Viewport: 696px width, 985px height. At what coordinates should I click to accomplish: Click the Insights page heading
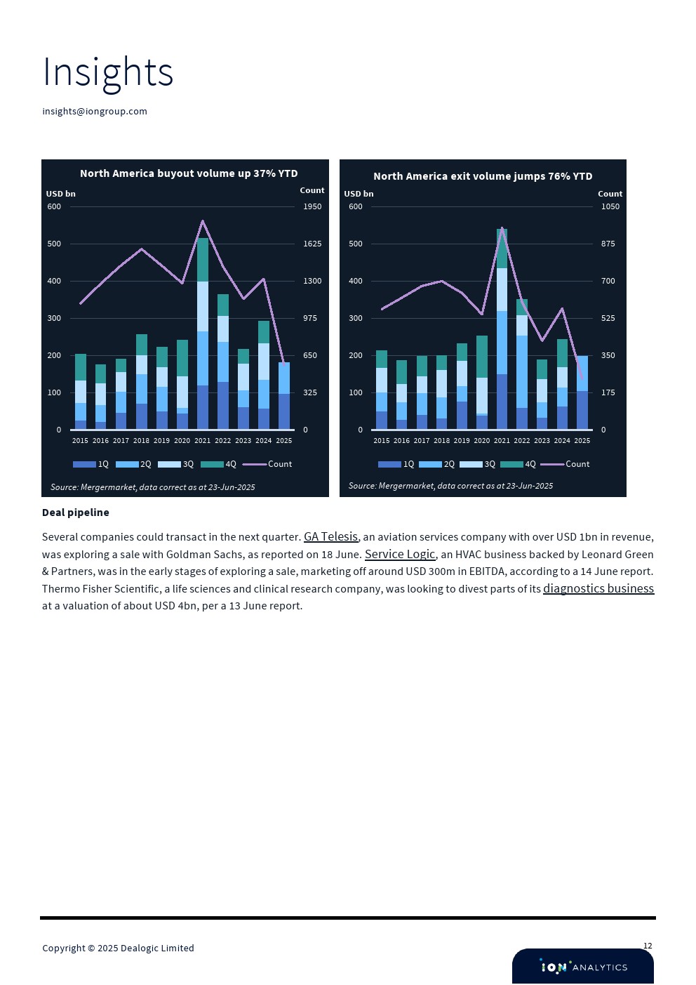coord(107,72)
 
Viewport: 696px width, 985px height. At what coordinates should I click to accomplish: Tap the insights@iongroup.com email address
coord(95,112)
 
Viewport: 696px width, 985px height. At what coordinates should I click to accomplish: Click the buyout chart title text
coord(189,173)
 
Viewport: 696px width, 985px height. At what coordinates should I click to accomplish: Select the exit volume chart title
coord(483,176)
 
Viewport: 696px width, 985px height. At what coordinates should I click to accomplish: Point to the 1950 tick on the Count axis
coord(312,206)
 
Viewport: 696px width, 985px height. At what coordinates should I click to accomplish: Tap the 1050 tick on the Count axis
coord(610,206)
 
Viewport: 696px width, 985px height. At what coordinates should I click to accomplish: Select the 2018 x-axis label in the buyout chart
coord(141,441)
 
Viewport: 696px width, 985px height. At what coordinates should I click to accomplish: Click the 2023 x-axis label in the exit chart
coord(542,441)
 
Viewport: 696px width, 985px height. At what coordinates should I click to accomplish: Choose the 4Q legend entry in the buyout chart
coord(219,464)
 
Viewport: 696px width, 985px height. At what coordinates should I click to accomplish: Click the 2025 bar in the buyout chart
coord(284,397)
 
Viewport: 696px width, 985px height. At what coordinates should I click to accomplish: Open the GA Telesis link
coord(330,537)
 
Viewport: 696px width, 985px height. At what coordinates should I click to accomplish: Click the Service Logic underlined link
coord(400,555)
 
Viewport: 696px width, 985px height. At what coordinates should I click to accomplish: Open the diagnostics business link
coord(598,589)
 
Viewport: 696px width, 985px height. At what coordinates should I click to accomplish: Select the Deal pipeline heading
coord(76,513)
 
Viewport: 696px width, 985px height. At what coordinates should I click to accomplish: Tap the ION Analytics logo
coord(583,967)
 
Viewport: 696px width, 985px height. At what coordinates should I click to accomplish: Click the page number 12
coord(648,946)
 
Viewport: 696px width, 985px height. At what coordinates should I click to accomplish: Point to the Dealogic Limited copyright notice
coord(118,948)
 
